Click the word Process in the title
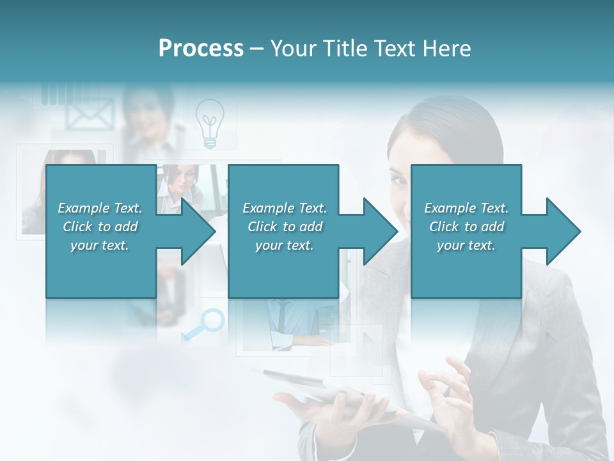[x=201, y=49]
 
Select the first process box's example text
[x=100, y=227]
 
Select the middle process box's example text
[x=285, y=227]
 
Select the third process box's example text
[x=466, y=227]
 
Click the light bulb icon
[x=209, y=123]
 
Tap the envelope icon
[x=89, y=115]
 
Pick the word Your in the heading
[x=292, y=49]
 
